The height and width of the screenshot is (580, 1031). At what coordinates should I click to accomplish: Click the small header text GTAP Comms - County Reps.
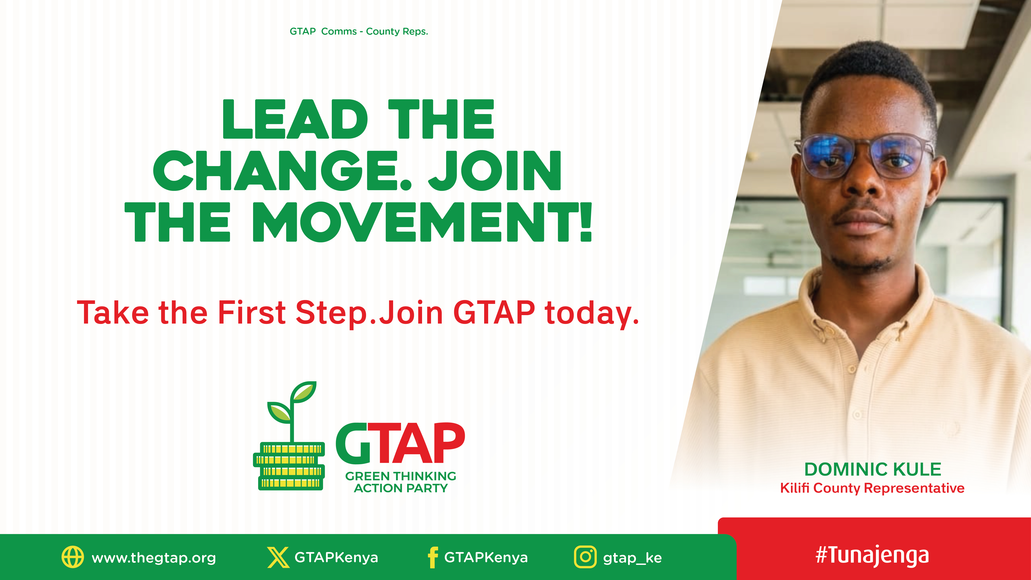pyautogui.click(x=359, y=32)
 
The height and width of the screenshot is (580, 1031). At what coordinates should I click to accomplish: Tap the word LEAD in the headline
pyautogui.click(x=295, y=119)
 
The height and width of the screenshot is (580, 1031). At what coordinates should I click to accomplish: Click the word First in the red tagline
pyautogui.click(x=251, y=313)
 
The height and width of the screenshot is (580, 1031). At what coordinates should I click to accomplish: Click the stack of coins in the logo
pyautogui.click(x=289, y=466)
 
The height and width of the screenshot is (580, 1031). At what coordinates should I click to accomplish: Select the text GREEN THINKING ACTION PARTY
pyautogui.click(x=401, y=482)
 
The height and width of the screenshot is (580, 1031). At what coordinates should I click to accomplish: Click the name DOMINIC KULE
pyautogui.click(x=872, y=469)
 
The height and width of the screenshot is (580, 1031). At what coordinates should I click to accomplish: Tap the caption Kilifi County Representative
pyautogui.click(x=872, y=488)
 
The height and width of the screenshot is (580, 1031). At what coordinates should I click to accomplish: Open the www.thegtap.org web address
pyautogui.click(x=154, y=558)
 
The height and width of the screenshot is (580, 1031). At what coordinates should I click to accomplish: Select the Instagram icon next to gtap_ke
pyautogui.click(x=585, y=557)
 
